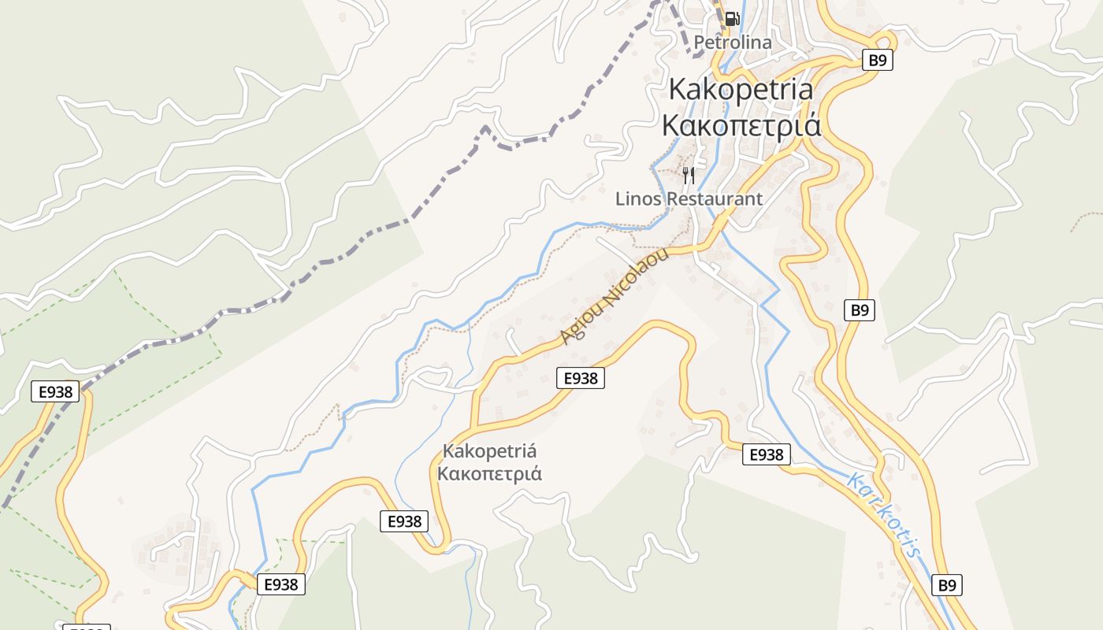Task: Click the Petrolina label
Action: click(x=733, y=42)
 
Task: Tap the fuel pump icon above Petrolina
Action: click(x=732, y=19)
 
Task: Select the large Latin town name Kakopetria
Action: click(x=741, y=89)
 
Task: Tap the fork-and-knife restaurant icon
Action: click(x=689, y=175)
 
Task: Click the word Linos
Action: click(x=638, y=198)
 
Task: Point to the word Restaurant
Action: click(x=715, y=198)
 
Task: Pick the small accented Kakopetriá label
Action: click(x=489, y=451)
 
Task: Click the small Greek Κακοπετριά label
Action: click(x=489, y=473)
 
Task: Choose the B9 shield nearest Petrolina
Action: click(x=877, y=60)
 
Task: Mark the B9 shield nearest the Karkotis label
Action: click(x=946, y=585)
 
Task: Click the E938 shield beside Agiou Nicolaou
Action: click(x=581, y=378)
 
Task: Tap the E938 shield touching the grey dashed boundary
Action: click(x=55, y=391)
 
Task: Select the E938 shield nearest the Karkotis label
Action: click(x=766, y=454)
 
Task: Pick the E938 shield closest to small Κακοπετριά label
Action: click(x=404, y=521)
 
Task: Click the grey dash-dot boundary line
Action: click(x=347, y=254)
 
